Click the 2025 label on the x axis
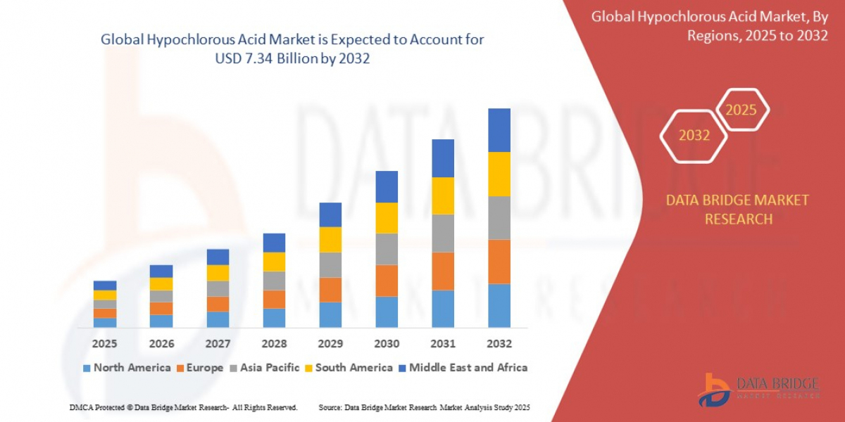click(x=104, y=344)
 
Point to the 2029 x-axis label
click(x=330, y=344)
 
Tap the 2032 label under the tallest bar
click(x=499, y=344)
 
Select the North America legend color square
click(x=87, y=368)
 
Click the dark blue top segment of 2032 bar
click(x=499, y=130)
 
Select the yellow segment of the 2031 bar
click(x=443, y=196)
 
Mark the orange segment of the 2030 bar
click(x=387, y=281)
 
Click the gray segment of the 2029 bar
click(x=330, y=264)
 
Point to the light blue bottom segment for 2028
click(x=274, y=318)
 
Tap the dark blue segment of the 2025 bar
click(x=105, y=286)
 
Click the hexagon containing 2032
click(x=694, y=136)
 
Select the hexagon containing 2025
click(x=741, y=110)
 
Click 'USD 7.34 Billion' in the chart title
click(x=260, y=60)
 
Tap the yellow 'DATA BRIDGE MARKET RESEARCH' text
click(x=737, y=210)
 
